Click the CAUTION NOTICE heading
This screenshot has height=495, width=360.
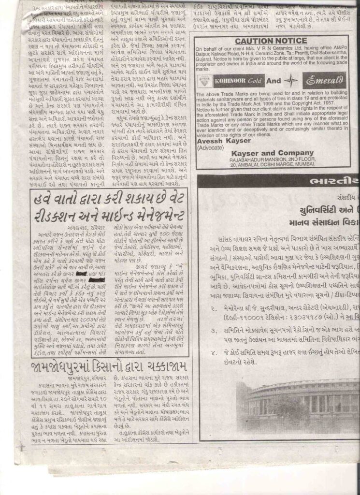(272, 41)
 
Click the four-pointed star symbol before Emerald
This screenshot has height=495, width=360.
(291, 80)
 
